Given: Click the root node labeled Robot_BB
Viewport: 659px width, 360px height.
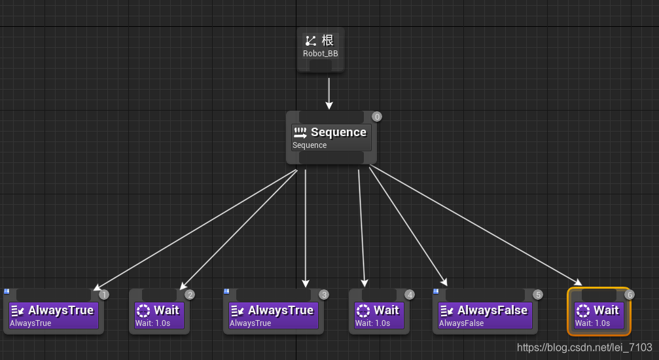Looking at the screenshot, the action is pyautogui.click(x=321, y=50).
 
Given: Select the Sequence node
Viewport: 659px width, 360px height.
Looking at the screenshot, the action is pyautogui.click(x=331, y=137).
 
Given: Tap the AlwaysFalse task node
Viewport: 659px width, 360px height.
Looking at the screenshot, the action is pyautogui.click(x=485, y=312).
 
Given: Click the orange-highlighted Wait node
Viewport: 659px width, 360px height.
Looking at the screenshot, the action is pyautogui.click(x=599, y=312).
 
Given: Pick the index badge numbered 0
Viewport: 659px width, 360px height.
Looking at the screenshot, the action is pyautogui.click(x=377, y=117).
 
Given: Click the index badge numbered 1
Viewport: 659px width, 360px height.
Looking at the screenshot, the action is pyautogui.click(x=104, y=295).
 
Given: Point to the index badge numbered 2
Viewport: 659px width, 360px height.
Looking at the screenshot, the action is pyautogui.click(x=190, y=295).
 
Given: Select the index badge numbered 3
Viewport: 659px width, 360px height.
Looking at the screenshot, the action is pyautogui.click(x=324, y=295).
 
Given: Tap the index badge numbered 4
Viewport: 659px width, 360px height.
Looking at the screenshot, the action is pyautogui.click(x=410, y=295).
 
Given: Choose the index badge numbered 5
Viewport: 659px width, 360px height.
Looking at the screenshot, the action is pyautogui.click(x=537, y=295).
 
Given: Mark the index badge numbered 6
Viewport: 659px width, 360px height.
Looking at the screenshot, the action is pyautogui.click(x=629, y=295).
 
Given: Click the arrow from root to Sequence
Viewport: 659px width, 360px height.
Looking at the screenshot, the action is pyautogui.click(x=329, y=94).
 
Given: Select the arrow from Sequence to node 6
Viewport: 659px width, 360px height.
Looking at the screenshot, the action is pyautogui.click(x=476, y=226).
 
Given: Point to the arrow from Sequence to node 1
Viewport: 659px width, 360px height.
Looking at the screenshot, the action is pyautogui.click(x=196, y=230).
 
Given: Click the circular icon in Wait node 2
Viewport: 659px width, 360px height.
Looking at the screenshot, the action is pyautogui.click(x=143, y=311).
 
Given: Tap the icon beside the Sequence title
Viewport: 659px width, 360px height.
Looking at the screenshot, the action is pyautogui.click(x=300, y=133).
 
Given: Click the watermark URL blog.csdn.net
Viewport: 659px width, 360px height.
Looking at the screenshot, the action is pyautogui.click(x=584, y=348).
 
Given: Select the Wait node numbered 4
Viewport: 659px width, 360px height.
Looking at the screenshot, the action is pyautogui.click(x=379, y=312).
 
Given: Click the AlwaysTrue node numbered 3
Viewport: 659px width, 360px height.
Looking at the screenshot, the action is pyautogui.click(x=273, y=312).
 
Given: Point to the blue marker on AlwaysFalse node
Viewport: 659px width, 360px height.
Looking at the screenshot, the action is pyautogui.click(x=436, y=291).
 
